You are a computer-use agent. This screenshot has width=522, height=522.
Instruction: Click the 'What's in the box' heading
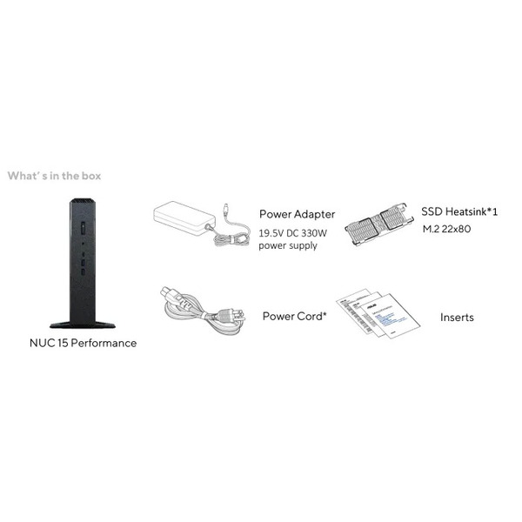coord(54,176)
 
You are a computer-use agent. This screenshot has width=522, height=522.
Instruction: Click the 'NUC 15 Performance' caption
coord(84,344)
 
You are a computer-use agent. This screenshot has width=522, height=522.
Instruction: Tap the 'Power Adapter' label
coord(297,214)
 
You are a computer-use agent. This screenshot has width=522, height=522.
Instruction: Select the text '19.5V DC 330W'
coord(293,233)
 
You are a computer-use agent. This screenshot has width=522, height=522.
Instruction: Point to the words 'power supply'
coord(288,245)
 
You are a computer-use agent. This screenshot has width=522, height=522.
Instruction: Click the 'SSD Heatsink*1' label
coord(459,211)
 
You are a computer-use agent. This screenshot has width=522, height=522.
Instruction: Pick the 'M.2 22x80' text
coord(447,229)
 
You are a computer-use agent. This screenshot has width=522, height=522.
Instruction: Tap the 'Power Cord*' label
coord(295,316)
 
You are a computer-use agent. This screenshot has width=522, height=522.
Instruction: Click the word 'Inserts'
coord(457,318)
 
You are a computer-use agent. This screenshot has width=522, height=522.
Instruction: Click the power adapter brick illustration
coord(184,218)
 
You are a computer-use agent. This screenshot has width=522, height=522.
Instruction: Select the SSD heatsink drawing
coord(379,224)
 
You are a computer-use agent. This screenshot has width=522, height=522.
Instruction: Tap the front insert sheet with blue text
coord(390,316)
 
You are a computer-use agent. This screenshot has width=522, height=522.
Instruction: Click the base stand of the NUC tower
coord(83,325)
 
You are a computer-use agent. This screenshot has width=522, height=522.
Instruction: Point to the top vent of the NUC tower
coord(83,201)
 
